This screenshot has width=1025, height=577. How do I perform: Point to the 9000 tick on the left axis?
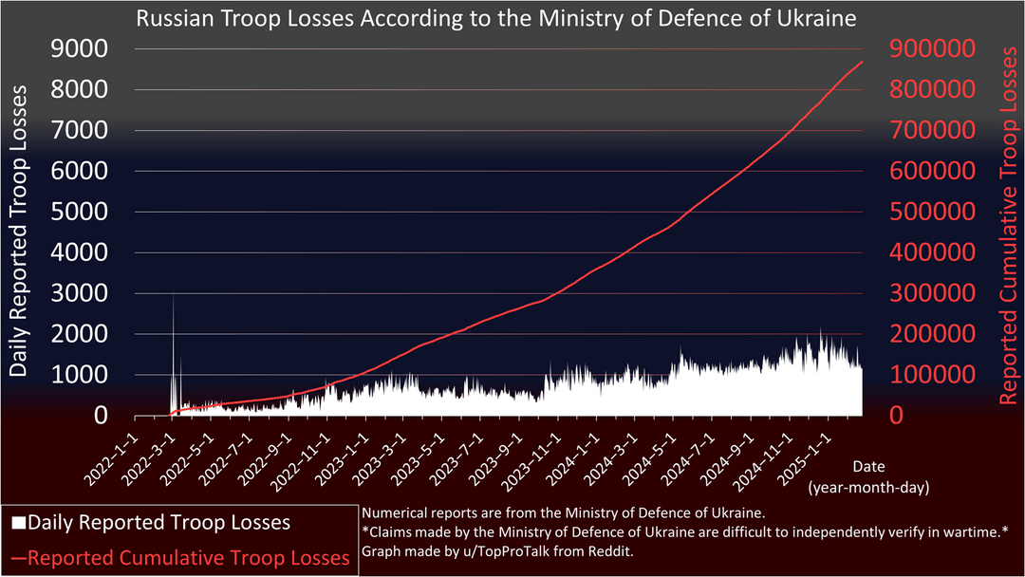click(x=80, y=49)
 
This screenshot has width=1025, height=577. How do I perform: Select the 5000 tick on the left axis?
click(x=80, y=213)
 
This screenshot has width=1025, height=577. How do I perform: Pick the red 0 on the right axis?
click(x=896, y=416)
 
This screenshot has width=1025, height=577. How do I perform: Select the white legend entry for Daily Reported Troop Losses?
click(x=152, y=522)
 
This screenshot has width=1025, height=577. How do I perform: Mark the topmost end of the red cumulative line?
click(x=862, y=62)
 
